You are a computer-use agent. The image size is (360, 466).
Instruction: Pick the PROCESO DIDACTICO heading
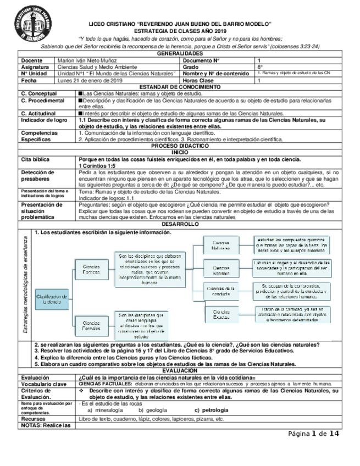180,146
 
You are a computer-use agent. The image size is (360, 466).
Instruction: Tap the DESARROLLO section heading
180,224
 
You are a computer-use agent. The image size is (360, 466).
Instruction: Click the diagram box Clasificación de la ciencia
52,299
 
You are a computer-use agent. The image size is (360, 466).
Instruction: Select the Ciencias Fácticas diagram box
91,269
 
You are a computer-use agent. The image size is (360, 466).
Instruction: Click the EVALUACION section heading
180,371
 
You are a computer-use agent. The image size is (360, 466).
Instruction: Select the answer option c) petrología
211,410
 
